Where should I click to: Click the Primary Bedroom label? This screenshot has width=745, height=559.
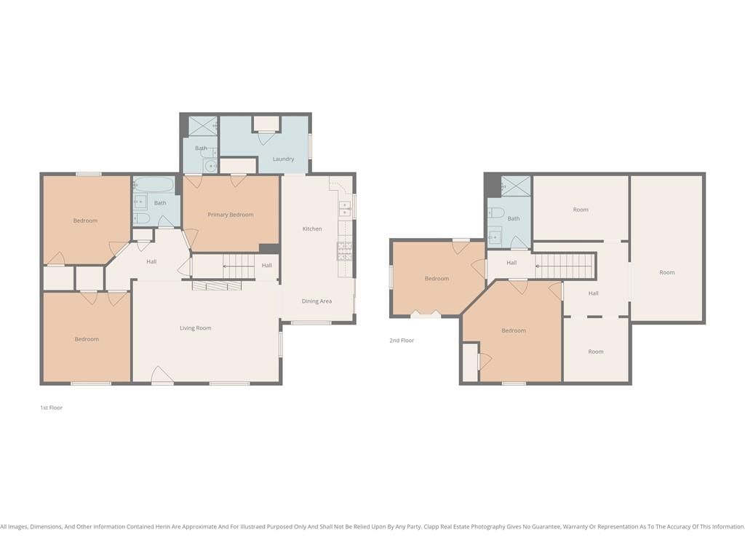click(x=231, y=215)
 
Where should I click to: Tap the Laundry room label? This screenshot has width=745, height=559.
click(x=283, y=159)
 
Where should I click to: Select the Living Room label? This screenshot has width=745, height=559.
click(x=195, y=328)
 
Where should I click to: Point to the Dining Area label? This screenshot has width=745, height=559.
click(x=316, y=301)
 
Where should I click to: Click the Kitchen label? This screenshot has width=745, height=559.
click(x=312, y=229)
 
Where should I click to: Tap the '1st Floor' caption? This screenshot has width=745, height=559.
click(x=52, y=408)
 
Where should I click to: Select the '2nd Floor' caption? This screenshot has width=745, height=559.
click(x=402, y=341)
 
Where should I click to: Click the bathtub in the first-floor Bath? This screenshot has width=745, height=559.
click(x=154, y=184)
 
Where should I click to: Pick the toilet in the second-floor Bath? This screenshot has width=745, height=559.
click(x=495, y=213)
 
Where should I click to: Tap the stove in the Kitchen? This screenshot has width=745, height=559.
click(x=344, y=251)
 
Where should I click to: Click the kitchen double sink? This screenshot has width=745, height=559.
click(x=344, y=209)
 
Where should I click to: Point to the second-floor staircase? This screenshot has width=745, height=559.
click(x=565, y=266)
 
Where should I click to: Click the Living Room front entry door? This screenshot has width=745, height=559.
click(x=162, y=375)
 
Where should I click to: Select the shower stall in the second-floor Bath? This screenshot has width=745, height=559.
click(x=516, y=186)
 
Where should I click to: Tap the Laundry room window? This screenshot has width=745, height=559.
click(x=310, y=146)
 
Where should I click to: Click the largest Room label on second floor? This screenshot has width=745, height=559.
click(x=667, y=273)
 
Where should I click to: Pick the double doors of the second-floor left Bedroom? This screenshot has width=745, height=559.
click(x=425, y=314)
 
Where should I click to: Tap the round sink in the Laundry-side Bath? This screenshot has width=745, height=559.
click(x=210, y=166)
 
